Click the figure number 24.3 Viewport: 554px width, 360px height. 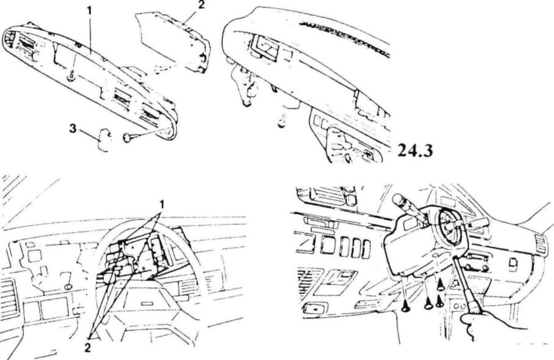click(415, 150)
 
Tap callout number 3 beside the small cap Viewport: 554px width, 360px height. click(73, 129)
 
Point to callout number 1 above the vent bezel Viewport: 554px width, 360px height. click(89, 10)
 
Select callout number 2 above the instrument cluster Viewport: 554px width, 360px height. click(201, 6)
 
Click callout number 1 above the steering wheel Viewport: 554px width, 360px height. click(162, 204)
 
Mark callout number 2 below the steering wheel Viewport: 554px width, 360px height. click(87, 348)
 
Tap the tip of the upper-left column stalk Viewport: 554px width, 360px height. click(398, 197)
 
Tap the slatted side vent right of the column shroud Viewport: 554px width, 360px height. click(540, 243)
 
